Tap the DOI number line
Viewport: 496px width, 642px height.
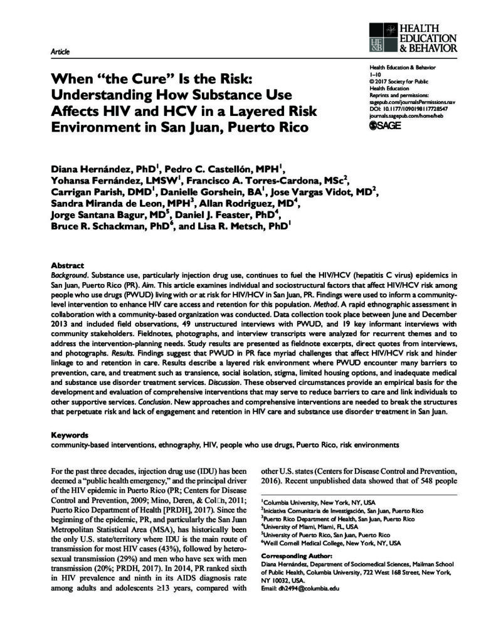click(x=408, y=108)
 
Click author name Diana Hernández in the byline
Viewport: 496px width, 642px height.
click(x=93, y=168)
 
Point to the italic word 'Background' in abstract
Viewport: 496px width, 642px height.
click(x=67, y=275)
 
